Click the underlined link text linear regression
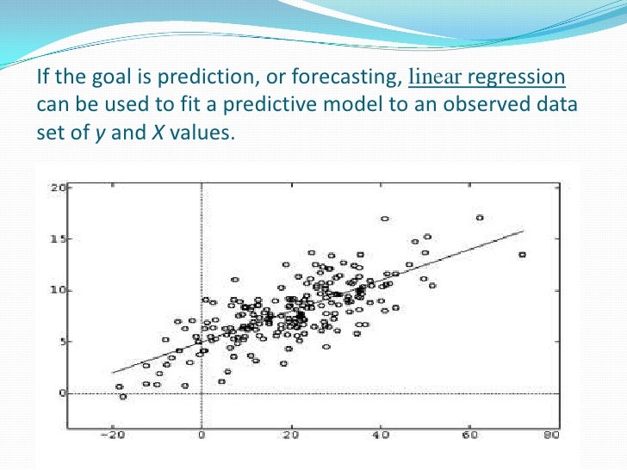[487, 78]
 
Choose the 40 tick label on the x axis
[379, 436]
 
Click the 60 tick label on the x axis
[469, 436]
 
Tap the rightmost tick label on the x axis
[551, 436]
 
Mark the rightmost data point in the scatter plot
[522, 255]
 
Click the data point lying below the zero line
[122, 397]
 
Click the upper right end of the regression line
[523, 231]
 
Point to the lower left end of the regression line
[113, 373]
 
